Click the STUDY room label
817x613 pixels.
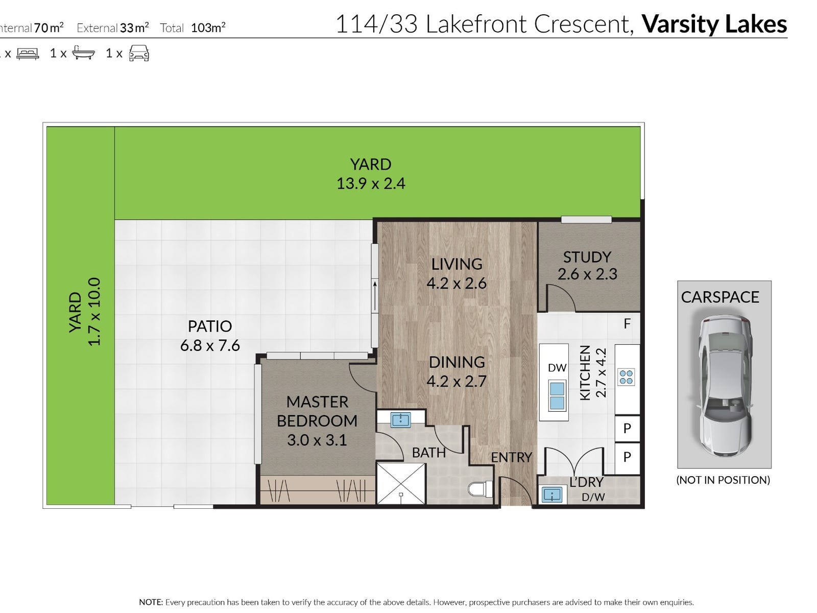pos(587,257)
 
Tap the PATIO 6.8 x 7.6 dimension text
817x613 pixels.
pos(210,345)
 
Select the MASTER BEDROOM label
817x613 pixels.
pos(317,411)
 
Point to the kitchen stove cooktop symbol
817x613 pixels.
pos(626,376)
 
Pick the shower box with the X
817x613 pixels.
pos(401,483)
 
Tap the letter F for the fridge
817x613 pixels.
pos(627,324)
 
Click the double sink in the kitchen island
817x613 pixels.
pos(557,395)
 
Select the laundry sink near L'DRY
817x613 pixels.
pos(552,494)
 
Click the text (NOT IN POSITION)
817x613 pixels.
pos(723,480)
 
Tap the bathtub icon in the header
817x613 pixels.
pos(83,53)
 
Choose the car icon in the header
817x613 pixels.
pos(139,53)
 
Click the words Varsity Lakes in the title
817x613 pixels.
pos(714,24)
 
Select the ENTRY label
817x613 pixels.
pos(512,457)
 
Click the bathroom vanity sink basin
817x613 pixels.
pos(400,420)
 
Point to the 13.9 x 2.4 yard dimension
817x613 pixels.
pos(371,183)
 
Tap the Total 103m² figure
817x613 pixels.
pos(193,27)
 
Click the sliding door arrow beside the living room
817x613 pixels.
pos(375,296)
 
